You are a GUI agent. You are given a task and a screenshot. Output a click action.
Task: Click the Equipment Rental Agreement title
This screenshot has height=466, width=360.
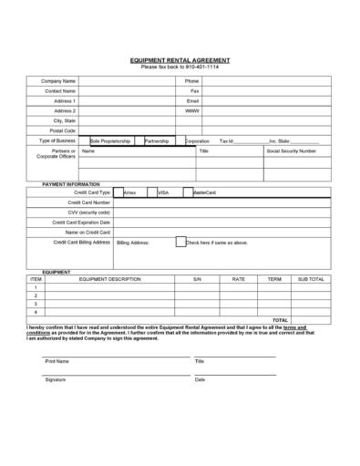coord(180,60)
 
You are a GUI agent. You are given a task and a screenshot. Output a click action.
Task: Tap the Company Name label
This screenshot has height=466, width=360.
coord(59,81)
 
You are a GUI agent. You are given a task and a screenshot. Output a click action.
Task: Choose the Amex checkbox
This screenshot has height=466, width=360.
coord(117,192)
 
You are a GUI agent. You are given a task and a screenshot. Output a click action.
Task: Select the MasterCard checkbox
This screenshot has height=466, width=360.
coord(187,192)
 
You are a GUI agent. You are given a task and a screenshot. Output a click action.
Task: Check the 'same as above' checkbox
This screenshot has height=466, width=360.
coord(180,242)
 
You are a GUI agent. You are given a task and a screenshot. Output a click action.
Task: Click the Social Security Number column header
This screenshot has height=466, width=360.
coord(291,150)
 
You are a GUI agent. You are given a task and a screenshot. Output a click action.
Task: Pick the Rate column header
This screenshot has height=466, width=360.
coord(239,279)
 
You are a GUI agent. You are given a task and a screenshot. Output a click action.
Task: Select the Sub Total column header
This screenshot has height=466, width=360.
coord(311,279)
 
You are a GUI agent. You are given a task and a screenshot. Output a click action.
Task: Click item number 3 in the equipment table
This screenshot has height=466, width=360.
coord(36,304)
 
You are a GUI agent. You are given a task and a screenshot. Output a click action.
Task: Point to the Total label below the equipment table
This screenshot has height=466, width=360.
coord(280,320)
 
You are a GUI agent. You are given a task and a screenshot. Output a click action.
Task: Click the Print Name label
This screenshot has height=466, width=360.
coord(57,361)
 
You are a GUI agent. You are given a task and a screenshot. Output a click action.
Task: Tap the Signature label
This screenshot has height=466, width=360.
coord(56,379)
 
